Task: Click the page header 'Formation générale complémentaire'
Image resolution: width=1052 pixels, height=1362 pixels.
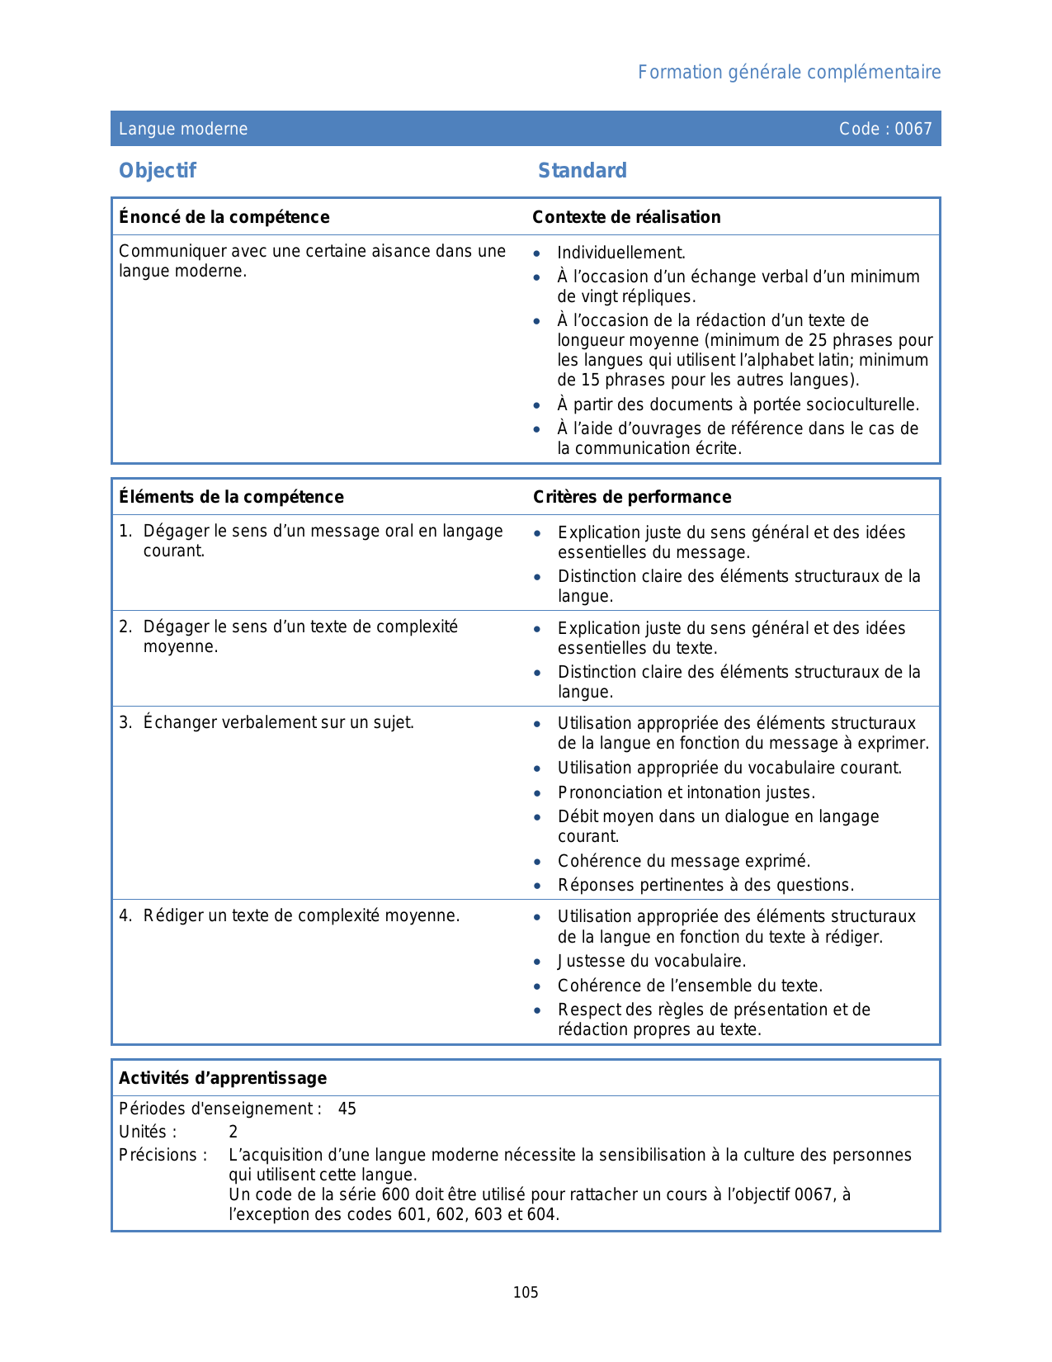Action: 789,73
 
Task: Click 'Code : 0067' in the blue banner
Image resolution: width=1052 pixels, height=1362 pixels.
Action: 885,129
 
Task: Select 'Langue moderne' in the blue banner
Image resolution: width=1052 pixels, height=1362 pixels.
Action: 183,129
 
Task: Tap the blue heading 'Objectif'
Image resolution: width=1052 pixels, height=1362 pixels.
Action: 158,171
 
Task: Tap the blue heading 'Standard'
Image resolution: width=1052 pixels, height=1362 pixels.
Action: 583,171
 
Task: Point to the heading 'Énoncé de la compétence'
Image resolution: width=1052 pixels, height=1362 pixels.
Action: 224,217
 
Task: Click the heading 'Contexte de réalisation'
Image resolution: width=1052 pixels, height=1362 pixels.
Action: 626,217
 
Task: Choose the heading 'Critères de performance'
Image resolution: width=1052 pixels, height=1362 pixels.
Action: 632,497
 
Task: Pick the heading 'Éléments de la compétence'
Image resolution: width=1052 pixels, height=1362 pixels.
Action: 231,497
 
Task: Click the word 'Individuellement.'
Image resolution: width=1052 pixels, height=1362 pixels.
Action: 621,253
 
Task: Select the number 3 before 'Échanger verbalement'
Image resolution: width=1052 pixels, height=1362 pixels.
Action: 124,723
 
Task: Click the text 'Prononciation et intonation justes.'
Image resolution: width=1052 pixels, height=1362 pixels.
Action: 686,793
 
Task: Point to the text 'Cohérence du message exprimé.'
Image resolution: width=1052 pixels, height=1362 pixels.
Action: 684,862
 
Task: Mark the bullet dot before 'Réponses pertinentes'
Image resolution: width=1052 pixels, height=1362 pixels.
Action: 537,887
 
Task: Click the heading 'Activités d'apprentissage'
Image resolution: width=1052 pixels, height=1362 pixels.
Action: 223,1078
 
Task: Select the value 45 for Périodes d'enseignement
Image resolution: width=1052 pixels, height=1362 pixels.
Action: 347,1109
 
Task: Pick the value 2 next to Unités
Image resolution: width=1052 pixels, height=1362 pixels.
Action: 234,1133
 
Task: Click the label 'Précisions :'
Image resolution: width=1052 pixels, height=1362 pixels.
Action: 163,1156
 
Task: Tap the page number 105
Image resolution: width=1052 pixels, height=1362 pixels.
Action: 526,1293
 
